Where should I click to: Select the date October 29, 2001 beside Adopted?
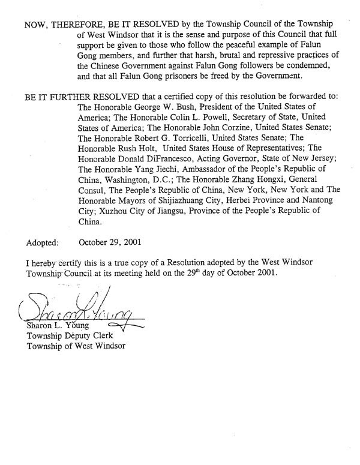pyautogui.click(x=110, y=244)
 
